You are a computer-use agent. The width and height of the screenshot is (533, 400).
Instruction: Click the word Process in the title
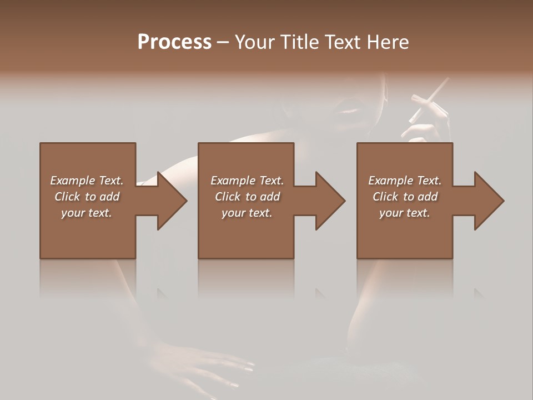(x=174, y=42)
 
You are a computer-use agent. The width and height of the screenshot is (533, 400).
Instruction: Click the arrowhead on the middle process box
(x=330, y=201)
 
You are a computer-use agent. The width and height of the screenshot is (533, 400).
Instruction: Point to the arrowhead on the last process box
(x=489, y=201)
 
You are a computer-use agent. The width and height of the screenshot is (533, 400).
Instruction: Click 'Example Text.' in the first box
(x=87, y=181)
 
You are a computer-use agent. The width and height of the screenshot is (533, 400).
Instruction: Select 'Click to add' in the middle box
(x=247, y=197)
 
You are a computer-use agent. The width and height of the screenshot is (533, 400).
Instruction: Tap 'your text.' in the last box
(x=404, y=213)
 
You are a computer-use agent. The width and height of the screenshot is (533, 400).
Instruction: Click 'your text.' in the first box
(x=87, y=213)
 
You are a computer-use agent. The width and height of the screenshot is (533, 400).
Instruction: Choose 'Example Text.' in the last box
(x=404, y=181)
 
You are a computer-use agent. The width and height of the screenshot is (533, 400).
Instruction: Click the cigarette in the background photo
(x=429, y=100)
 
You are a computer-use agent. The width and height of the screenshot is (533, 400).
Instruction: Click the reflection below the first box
(x=88, y=278)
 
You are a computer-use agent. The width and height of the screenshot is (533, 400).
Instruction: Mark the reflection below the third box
(x=404, y=278)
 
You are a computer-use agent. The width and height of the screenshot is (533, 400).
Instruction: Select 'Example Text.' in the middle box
(x=247, y=181)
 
